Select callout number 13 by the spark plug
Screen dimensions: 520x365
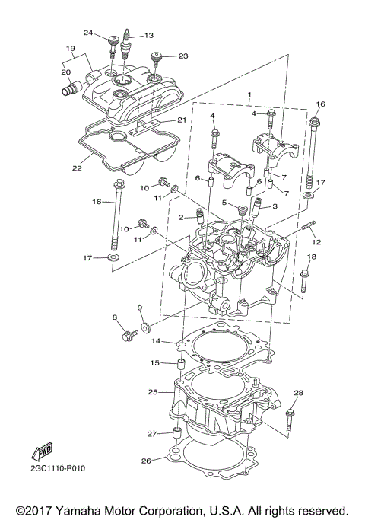[148, 35]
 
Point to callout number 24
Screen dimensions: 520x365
[88, 33]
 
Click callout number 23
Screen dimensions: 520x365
[182, 56]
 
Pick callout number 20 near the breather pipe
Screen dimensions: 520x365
[65, 73]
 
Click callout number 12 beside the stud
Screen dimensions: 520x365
[316, 241]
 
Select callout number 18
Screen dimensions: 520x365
[310, 258]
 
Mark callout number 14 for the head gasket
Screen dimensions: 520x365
[156, 341]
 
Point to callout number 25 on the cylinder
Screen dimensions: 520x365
[153, 392]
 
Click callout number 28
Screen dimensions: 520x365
[298, 394]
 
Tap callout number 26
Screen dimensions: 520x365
[146, 461]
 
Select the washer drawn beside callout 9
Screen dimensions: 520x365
[143, 331]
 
